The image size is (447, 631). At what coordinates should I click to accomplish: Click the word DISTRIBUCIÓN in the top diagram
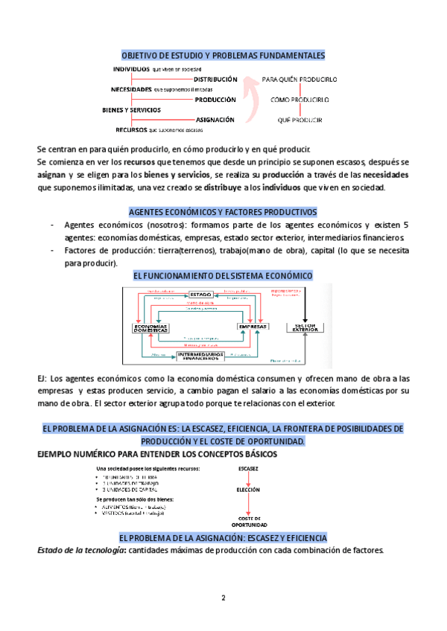coord(215,79)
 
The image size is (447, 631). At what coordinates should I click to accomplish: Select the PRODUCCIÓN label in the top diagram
coord(215,99)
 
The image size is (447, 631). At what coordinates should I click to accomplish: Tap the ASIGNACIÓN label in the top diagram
coord(215,119)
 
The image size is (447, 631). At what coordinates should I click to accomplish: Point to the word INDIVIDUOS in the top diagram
coord(131,68)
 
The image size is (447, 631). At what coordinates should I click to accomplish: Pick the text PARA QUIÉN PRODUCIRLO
coord(301,78)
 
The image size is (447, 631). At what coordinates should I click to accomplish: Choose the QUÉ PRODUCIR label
coord(299,119)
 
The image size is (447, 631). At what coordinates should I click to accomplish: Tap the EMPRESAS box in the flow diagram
coord(252,327)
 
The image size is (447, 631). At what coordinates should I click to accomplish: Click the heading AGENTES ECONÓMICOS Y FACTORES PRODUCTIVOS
coord(223,212)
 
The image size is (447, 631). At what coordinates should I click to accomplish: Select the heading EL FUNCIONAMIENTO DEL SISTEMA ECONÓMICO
coord(223,275)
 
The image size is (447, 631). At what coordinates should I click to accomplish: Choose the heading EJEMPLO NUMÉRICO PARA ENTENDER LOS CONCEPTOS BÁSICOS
coord(156,454)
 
